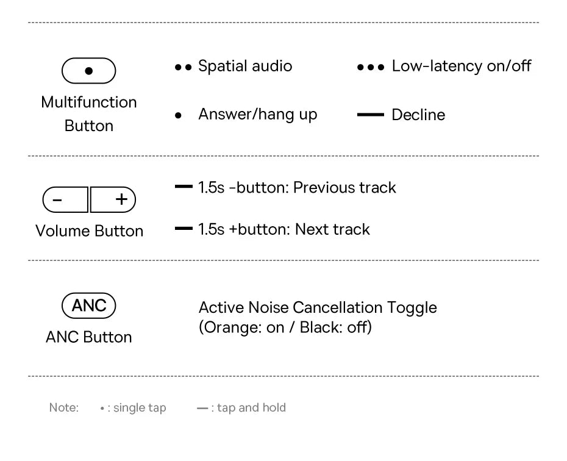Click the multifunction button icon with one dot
[x=89, y=71]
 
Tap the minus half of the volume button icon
[x=65, y=199]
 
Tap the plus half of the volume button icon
[x=113, y=199]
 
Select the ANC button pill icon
[x=89, y=306]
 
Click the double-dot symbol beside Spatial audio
[x=183, y=66]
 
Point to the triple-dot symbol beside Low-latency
[x=371, y=66]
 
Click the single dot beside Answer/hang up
[x=178, y=115]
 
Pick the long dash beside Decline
[x=370, y=115]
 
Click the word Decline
[x=418, y=115]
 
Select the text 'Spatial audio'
[x=245, y=66]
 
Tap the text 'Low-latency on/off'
[x=462, y=66]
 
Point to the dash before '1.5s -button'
[x=184, y=187]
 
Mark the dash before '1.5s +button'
[x=184, y=229]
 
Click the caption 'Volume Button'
[x=89, y=231]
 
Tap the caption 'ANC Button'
[x=89, y=337]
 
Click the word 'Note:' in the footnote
[x=64, y=407]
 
